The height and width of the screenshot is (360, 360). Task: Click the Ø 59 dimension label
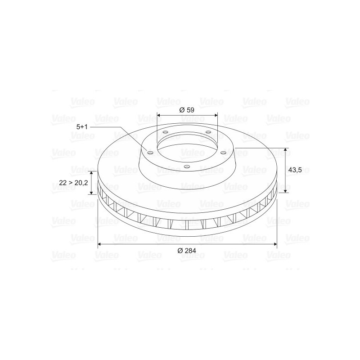(x=187, y=110)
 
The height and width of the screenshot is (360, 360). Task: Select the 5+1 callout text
(x=82, y=127)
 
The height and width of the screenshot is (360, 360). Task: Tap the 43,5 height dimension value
(x=295, y=170)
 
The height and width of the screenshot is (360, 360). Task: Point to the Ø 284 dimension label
(x=187, y=251)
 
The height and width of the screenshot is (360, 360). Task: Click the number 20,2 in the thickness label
(x=81, y=183)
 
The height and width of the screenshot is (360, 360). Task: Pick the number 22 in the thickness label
(x=63, y=183)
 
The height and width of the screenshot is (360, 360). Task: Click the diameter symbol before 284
(x=180, y=251)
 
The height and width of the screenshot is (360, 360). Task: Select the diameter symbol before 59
(x=182, y=110)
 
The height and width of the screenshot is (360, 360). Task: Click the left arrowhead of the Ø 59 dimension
(x=159, y=115)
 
